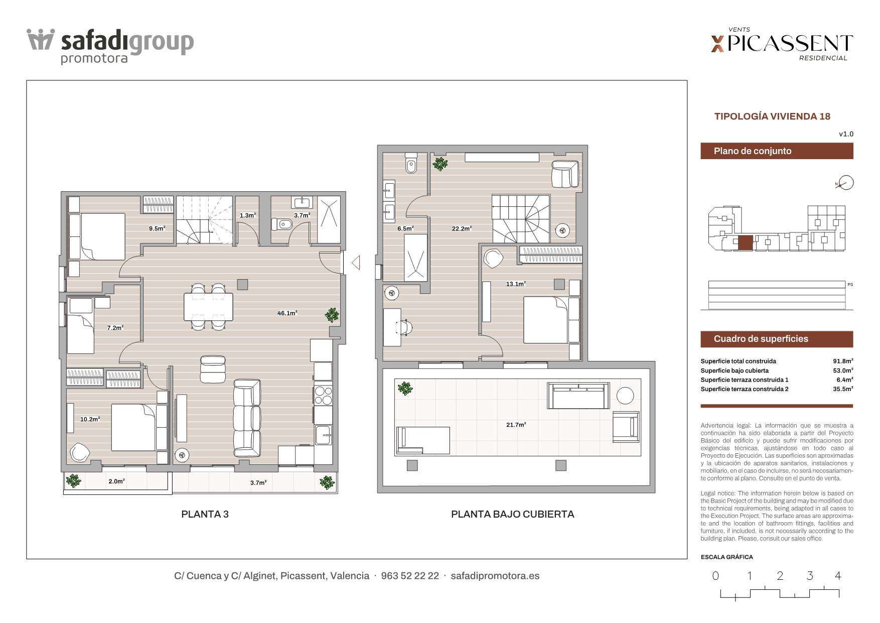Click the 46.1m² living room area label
click(287, 313)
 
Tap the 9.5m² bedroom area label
click(157, 228)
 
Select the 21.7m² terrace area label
click(516, 425)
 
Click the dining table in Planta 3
click(208, 307)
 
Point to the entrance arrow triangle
click(356, 263)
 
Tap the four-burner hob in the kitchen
click(323, 395)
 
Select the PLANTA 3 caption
click(205, 514)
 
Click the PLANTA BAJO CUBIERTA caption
click(512, 514)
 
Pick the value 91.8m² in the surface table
click(843, 361)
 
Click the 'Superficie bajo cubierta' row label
click(735, 370)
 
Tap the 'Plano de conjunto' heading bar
click(777, 151)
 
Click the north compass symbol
click(846, 183)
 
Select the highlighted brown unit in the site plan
click(745, 243)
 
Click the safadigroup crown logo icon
click(41, 40)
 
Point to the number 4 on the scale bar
click(838, 576)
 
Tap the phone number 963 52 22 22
click(410, 576)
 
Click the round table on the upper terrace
click(625, 396)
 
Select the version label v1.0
click(846, 134)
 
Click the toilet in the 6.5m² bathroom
click(411, 164)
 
